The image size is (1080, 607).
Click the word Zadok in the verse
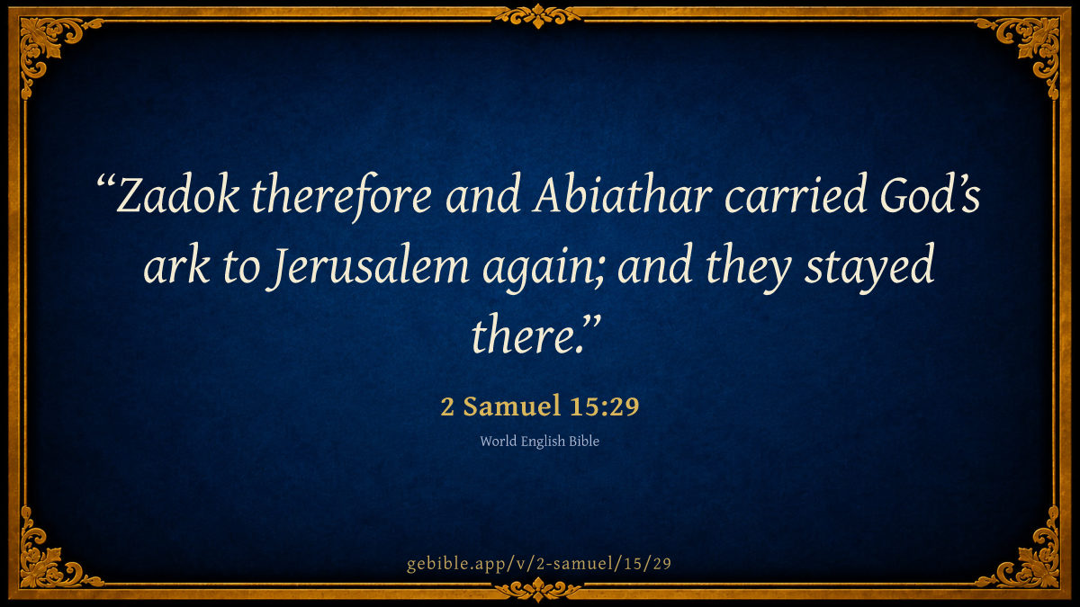click(x=177, y=194)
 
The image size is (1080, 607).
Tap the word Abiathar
click(x=623, y=194)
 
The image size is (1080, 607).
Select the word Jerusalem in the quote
click(x=367, y=266)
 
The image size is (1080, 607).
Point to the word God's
click(x=930, y=194)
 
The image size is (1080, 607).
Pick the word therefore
click(x=342, y=197)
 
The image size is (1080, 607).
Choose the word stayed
click(x=869, y=268)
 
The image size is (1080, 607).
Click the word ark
click(x=176, y=266)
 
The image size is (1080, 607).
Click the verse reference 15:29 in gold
click(x=604, y=406)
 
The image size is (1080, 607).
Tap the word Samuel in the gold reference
click(x=511, y=406)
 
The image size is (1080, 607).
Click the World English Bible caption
click(x=539, y=442)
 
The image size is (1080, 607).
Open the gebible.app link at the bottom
click(x=539, y=564)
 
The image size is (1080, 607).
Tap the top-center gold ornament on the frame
click(x=538, y=15)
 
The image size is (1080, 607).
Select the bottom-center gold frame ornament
click(x=538, y=590)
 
